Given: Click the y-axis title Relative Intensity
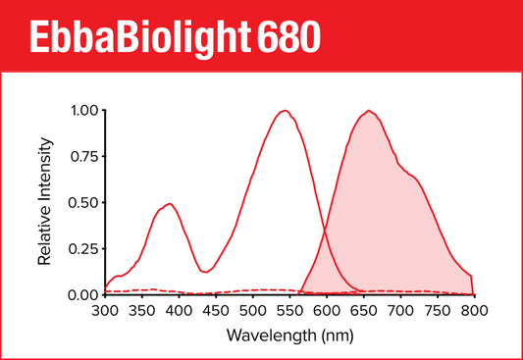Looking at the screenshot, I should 45,203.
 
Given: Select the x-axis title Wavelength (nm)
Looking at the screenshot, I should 288,335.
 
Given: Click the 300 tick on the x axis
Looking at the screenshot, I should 104,311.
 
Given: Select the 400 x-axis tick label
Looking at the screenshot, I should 179,311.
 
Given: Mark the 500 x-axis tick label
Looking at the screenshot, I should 252,311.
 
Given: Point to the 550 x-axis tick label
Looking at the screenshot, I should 289,311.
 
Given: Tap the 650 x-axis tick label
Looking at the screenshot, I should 363,311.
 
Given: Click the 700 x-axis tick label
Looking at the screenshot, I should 400,311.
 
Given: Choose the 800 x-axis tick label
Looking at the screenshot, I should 474,311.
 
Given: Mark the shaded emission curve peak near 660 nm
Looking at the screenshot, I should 369,111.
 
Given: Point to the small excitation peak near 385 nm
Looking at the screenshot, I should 169,204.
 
